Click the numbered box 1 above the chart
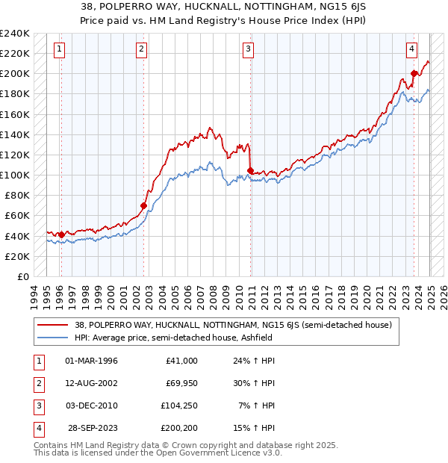59,50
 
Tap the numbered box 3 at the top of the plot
248,50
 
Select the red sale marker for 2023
414,73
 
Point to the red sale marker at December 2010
250,170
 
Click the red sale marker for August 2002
143,205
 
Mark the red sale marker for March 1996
61,234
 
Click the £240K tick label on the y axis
15,33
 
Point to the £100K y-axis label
15,175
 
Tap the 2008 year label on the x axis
214,294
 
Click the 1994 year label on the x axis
34,294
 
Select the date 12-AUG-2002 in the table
91,383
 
